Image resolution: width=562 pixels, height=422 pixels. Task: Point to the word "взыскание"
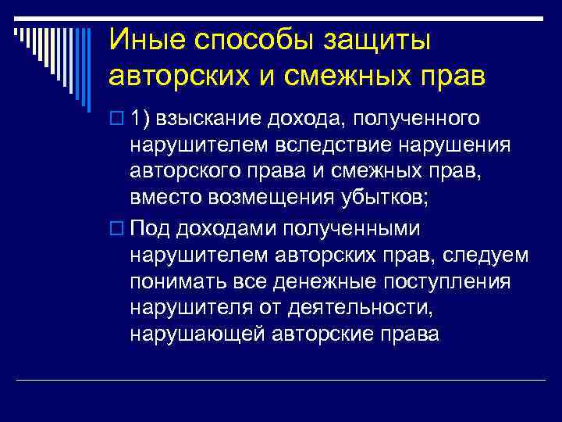(210, 118)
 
